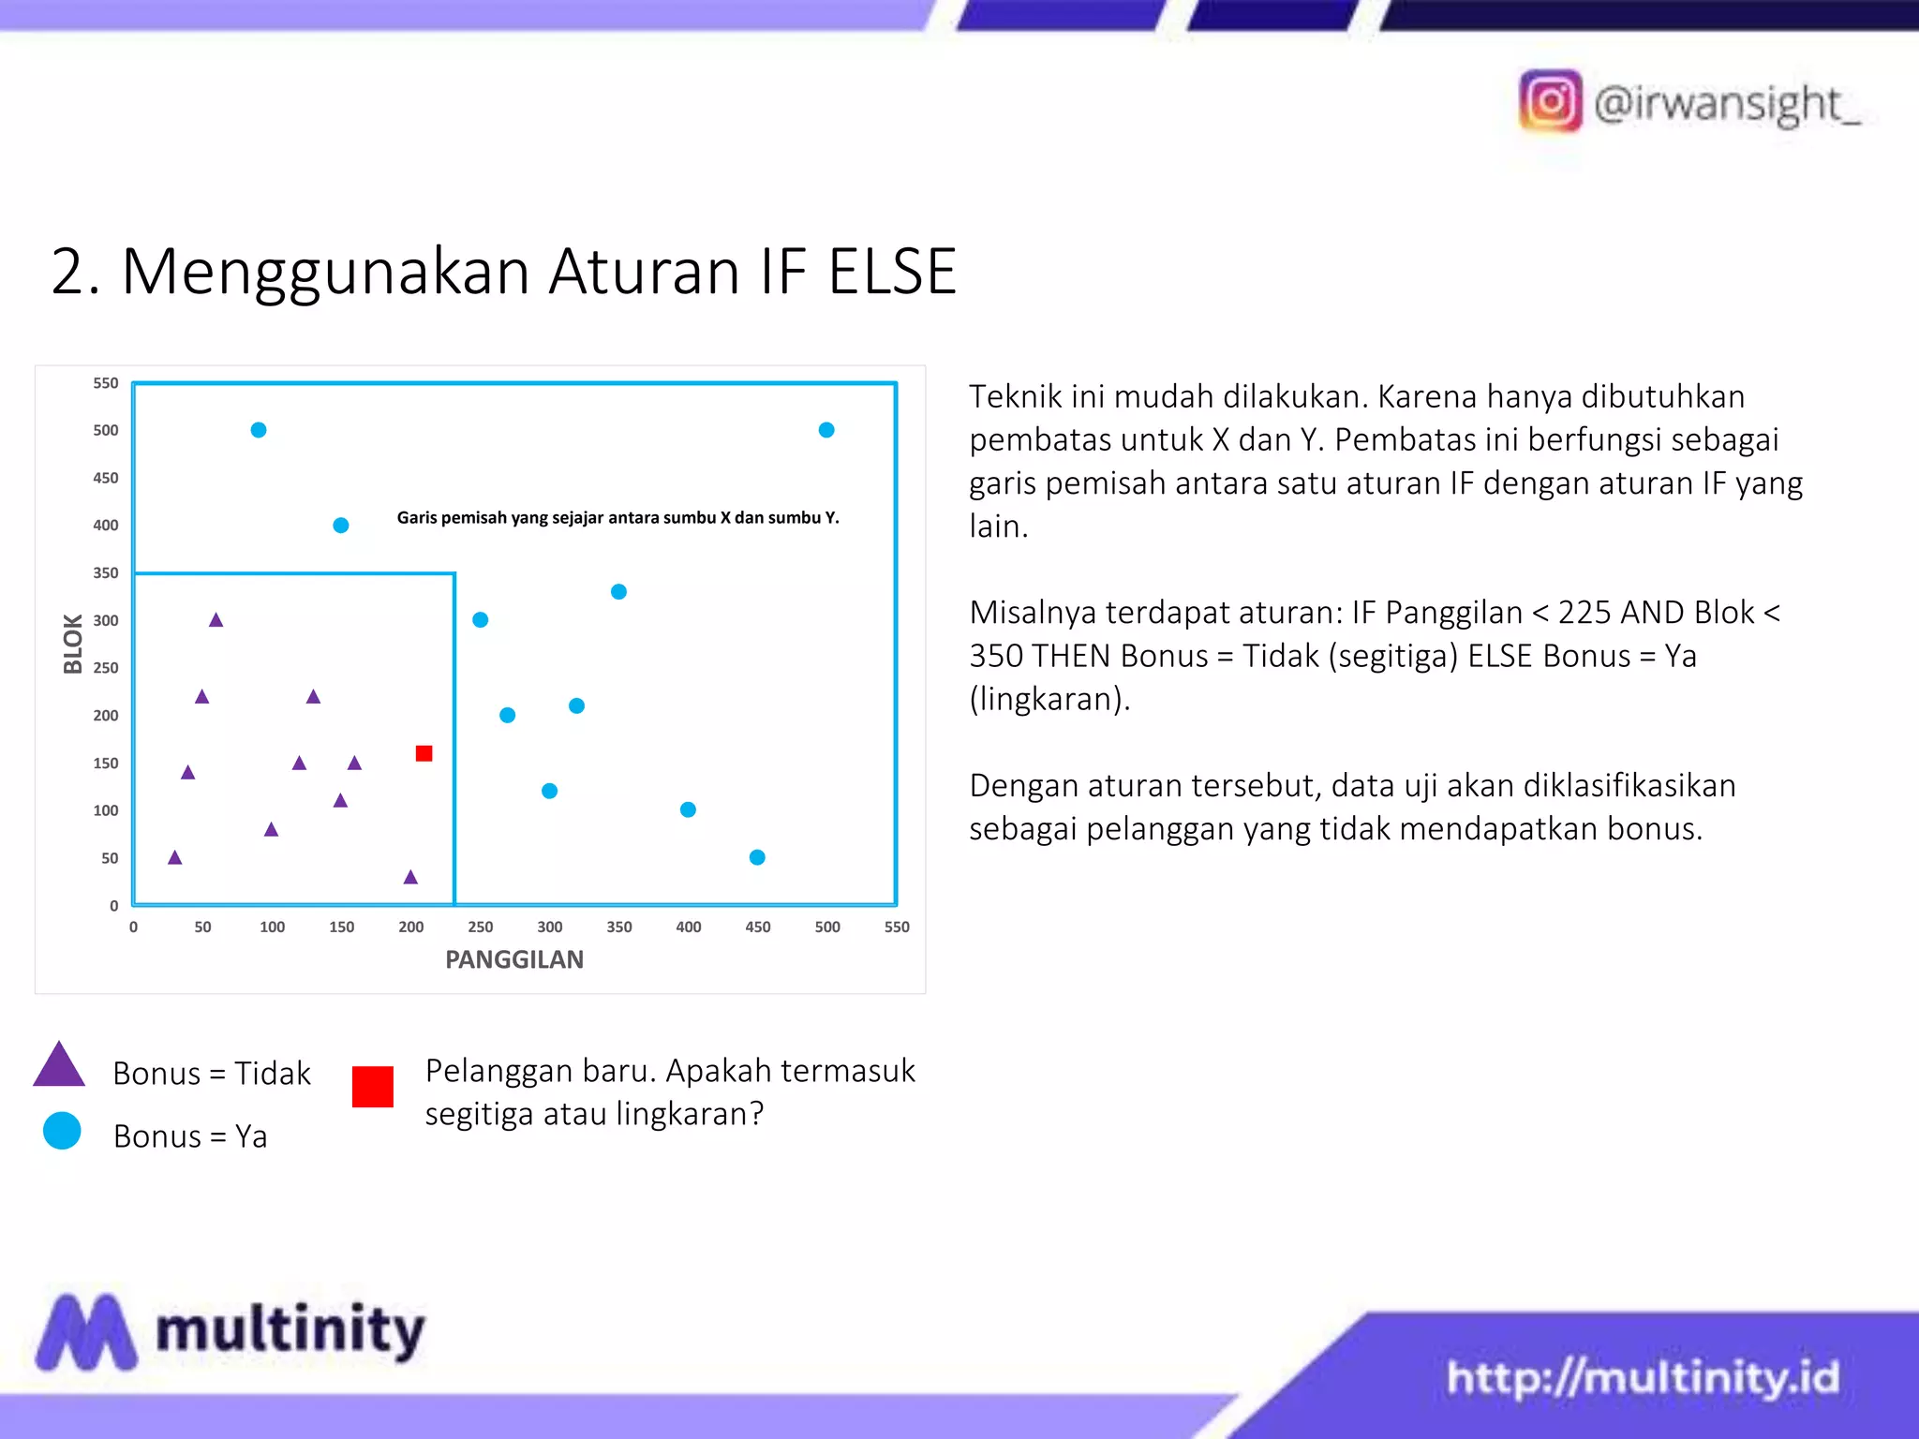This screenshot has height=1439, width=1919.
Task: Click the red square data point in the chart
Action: [424, 753]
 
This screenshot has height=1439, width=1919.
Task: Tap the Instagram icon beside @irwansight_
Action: [1550, 101]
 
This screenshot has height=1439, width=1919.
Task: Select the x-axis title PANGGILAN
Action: [513, 959]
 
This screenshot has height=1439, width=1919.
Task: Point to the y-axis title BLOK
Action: [73, 644]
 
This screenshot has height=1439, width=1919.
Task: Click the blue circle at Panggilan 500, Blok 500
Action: [826, 430]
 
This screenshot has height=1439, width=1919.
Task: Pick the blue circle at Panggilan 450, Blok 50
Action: [757, 857]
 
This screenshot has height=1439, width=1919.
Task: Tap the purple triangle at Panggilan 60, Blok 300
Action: [216, 620]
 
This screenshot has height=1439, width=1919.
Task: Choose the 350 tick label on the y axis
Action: [106, 572]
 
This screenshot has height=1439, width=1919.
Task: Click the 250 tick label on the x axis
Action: [480, 927]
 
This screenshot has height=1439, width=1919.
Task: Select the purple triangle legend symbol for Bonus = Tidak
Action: [59, 1066]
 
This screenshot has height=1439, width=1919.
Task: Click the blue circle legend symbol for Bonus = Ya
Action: [62, 1131]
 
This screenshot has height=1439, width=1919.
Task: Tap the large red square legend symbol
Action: [373, 1087]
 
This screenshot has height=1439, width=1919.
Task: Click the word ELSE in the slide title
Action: [892, 272]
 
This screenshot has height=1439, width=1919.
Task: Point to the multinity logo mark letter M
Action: [86, 1332]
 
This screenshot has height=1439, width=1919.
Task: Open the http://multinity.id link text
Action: [1643, 1377]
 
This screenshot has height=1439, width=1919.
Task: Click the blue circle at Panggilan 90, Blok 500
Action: [259, 430]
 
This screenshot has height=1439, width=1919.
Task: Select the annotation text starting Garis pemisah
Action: [617, 517]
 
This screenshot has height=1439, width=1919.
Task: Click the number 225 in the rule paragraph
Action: [1584, 613]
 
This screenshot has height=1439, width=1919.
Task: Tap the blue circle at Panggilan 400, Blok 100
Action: [688, 809]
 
